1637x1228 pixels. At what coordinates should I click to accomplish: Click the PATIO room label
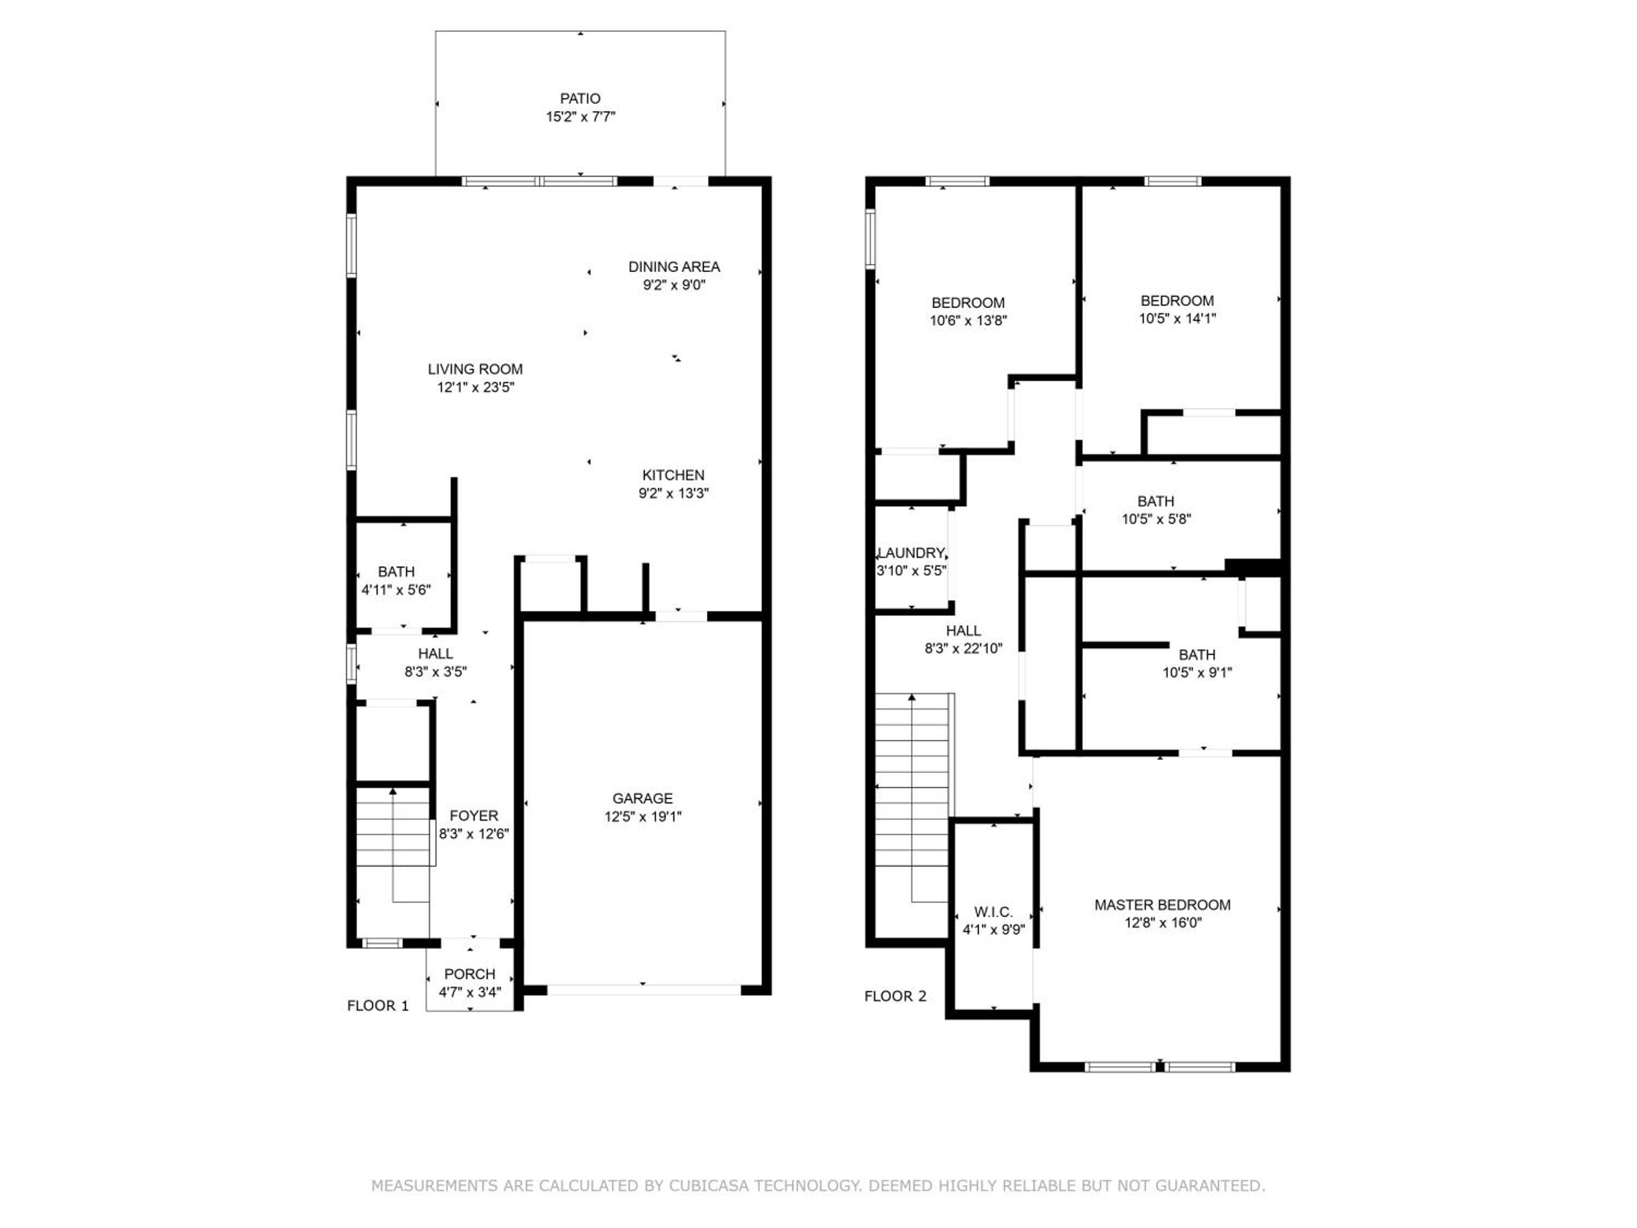(x=580, y=98)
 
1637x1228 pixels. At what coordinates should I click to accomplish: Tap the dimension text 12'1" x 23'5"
(x=475, y=387)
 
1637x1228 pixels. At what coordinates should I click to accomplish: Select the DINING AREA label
(x=673, y=266)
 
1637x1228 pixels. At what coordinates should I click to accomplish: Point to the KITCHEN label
(x=673, y=475)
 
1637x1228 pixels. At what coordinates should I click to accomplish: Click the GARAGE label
(x=642, y=798)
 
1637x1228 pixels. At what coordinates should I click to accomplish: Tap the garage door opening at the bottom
(x=643, y=989)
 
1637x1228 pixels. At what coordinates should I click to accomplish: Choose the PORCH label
(x=470, y=974)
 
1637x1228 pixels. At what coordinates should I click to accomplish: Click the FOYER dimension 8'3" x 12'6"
(x=474, y=834)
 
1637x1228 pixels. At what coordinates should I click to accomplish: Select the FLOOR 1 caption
(x=378, y=1006)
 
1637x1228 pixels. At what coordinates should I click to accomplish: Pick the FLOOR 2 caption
(x=895, y=996)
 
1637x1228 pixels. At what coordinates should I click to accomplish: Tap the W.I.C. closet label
(x=993, y=912)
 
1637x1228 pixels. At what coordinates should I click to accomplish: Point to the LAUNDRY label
(x=911, y=553)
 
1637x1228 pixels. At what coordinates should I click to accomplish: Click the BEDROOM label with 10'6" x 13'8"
(x=968, y=303)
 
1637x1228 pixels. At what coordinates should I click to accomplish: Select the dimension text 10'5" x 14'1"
(x=1176, y=318)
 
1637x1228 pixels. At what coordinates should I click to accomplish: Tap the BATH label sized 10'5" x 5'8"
(x=1155, y=501)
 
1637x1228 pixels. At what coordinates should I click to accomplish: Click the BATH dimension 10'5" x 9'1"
(x=1197, y=673)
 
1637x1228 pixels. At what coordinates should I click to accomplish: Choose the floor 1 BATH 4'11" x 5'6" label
(x=396, y=571)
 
